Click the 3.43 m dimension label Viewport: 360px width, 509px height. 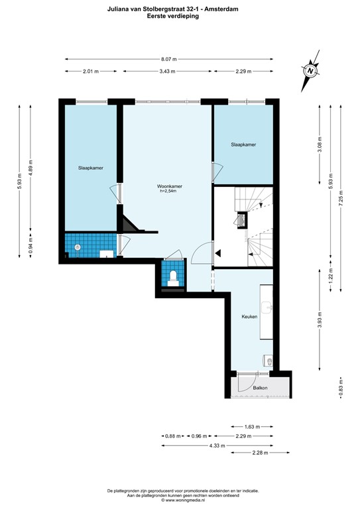pos(167,72)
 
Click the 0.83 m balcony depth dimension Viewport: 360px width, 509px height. pos(341,385)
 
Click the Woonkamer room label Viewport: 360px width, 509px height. pos(170,186)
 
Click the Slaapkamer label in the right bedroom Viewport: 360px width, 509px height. pos(243,144)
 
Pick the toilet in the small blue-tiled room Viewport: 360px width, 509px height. pos(172,276)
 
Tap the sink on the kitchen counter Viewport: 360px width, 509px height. pos(268,306)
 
